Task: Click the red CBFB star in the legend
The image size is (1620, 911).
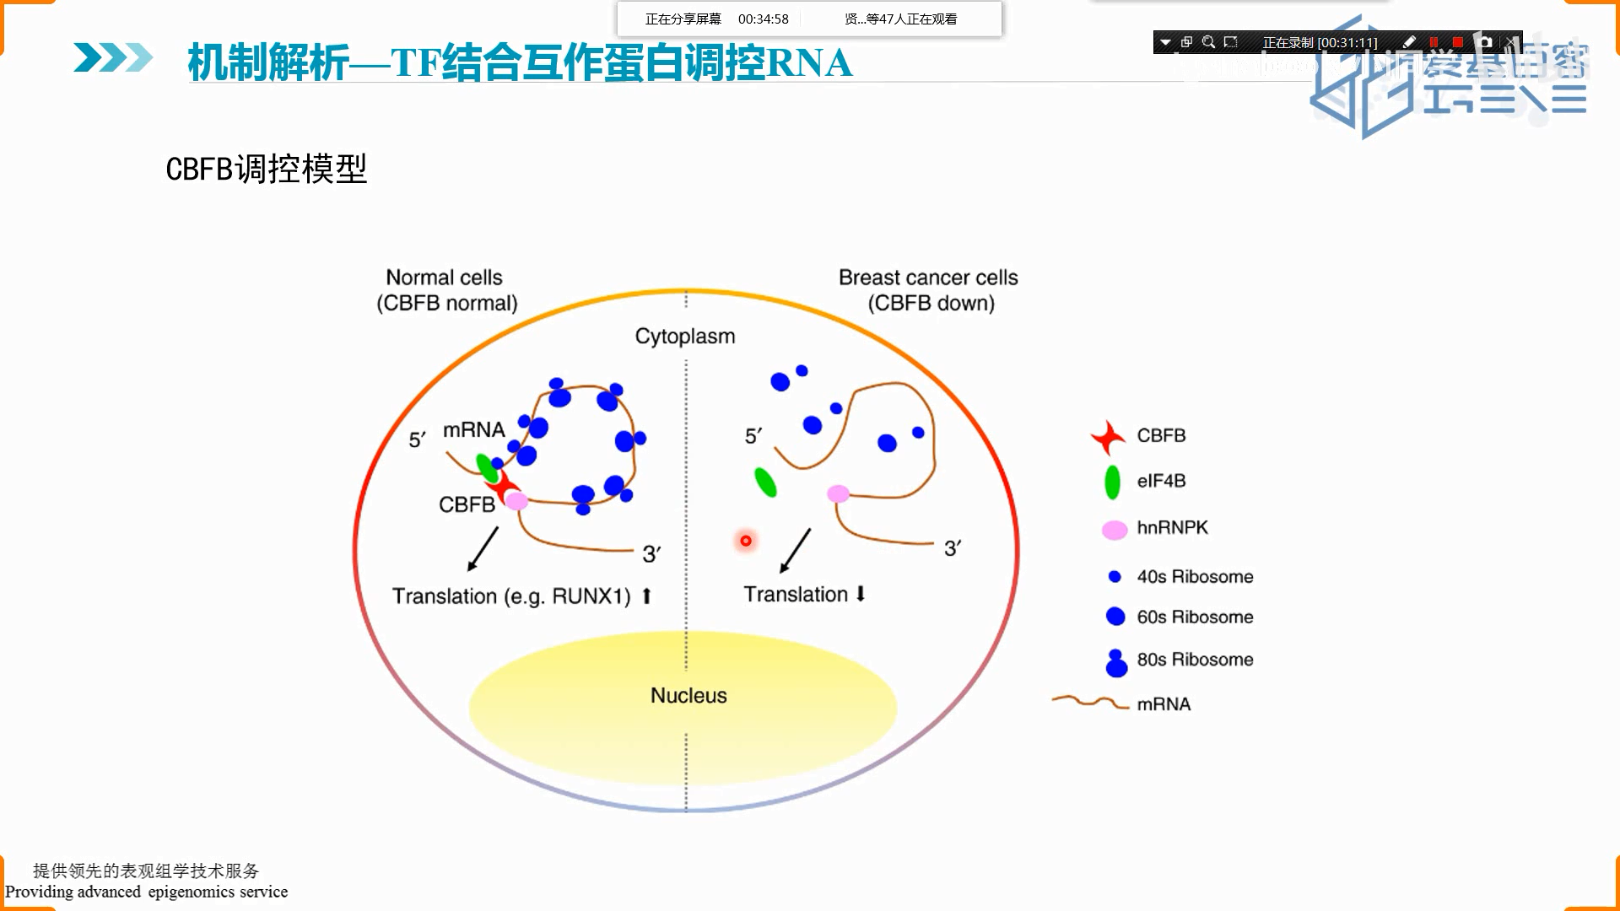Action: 1108,437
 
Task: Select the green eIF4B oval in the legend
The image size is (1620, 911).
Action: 1112,482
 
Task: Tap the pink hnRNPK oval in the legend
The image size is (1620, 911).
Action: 1115,530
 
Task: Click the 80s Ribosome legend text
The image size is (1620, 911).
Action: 1194,660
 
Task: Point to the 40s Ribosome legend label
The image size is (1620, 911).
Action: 1194,577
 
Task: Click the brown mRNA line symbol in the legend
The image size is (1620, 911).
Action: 1089,702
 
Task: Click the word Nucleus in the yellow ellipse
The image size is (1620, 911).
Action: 688,696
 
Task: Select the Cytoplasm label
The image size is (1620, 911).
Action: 685,337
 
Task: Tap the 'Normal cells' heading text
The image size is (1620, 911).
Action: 444,278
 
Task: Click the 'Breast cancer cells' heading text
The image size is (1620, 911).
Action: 928,278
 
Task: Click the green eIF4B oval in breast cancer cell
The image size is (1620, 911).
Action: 765,482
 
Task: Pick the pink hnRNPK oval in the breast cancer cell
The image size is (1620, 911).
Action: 838,493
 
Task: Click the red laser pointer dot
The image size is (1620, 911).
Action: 746,541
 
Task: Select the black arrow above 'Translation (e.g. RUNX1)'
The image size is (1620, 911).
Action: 483,549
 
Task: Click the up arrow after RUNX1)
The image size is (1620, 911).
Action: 646,596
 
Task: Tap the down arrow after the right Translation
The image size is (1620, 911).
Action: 861,594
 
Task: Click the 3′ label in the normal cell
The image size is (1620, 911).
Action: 651,554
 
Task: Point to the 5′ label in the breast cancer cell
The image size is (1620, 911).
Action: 753,436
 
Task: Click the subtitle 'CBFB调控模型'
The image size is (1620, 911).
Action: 266,170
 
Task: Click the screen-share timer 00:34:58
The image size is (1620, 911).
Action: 763,19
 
